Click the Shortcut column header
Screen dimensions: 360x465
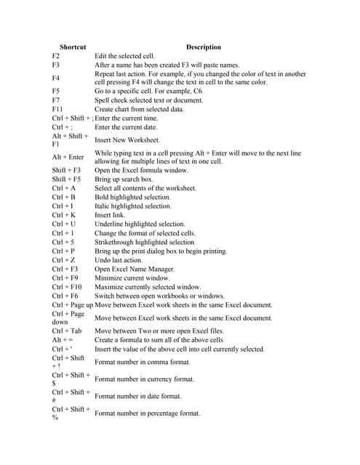[x=72, y=47]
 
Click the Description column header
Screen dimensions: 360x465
[x=203, y=47]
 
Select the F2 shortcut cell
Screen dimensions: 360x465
[x=56, y=56]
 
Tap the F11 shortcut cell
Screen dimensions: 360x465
[x=58, y=109]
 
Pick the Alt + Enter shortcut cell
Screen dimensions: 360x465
[x=68, y=157]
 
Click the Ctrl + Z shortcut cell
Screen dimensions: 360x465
[x=64, y=260]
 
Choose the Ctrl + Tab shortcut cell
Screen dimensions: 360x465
[x=68, y=331]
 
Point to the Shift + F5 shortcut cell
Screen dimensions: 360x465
[x=66, y=179]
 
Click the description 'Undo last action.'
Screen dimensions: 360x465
[x=119, y=260]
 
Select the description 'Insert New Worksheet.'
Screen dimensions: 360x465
[x=127, y=140]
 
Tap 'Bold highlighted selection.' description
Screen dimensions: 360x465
[x=133, y=197]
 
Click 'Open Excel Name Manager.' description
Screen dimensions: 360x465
[x=135, y=269]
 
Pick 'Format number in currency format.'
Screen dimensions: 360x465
[x=145, y=379]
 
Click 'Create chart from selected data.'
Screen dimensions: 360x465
[x=140, y=109]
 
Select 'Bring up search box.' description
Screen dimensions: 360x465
[x=124, y=179]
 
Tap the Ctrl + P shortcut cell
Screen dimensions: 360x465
[x=64, y=251]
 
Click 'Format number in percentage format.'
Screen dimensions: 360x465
[x=148, y=413]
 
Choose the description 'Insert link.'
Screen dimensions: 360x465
[x=110, y=215]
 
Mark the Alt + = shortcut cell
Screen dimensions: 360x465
[x=62, y=340]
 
